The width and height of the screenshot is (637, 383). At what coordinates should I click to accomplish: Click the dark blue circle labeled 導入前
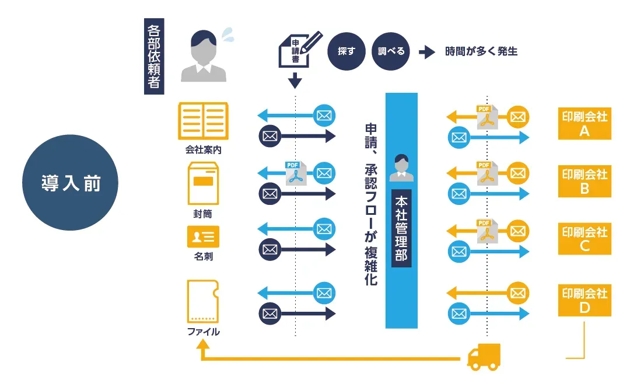pos(70,183)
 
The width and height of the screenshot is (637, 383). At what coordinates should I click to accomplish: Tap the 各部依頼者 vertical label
pos(154,57)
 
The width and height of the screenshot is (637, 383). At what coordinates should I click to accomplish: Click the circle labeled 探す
pos(346,51)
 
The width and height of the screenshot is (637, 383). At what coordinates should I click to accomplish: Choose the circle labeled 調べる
pos(391,51)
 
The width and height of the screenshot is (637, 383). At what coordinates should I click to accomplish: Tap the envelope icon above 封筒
pos(203,183)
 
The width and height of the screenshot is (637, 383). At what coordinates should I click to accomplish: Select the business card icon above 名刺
pos(203,236)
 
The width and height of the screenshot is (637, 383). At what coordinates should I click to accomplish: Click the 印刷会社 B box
pos(584,182)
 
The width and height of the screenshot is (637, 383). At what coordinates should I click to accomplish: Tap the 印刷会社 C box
pos(584,239)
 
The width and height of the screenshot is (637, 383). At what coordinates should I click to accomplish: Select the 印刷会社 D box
pos(584,300)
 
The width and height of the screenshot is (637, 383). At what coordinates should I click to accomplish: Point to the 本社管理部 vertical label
pos(401,228)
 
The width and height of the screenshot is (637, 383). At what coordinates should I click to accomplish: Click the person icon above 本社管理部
pos(401,166)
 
